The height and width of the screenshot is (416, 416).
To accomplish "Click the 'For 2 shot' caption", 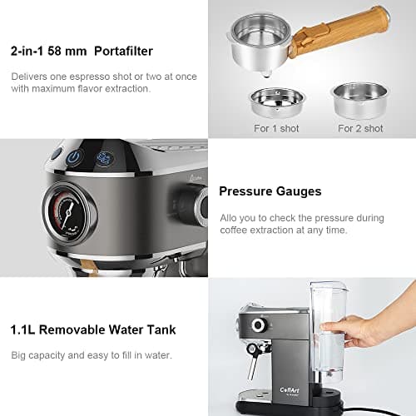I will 360,128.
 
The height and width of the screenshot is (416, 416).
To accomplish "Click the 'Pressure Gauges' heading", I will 270,191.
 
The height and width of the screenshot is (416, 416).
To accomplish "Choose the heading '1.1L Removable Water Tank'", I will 93,329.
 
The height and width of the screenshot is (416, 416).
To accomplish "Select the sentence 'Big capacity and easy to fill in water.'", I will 91,355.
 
